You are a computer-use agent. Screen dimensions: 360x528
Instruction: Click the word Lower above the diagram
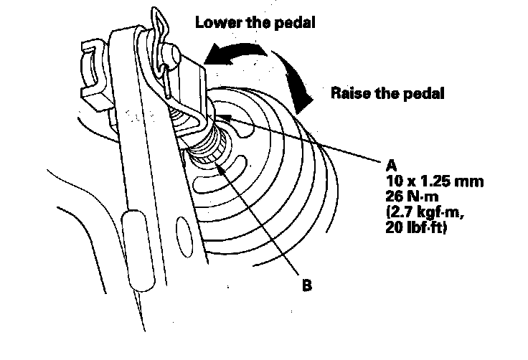pyautogui.click(x=215, y=22)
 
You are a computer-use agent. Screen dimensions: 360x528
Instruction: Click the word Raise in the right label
pyautogui.click(x=348, y=93)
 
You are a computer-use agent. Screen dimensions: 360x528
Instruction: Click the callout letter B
pyautogui.click(x=307, y=285)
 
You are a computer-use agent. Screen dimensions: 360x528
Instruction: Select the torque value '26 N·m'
pyautogui.click(x=410, y=197)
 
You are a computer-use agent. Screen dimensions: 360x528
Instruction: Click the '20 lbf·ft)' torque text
pyautogui.click(x=417, y=229)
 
